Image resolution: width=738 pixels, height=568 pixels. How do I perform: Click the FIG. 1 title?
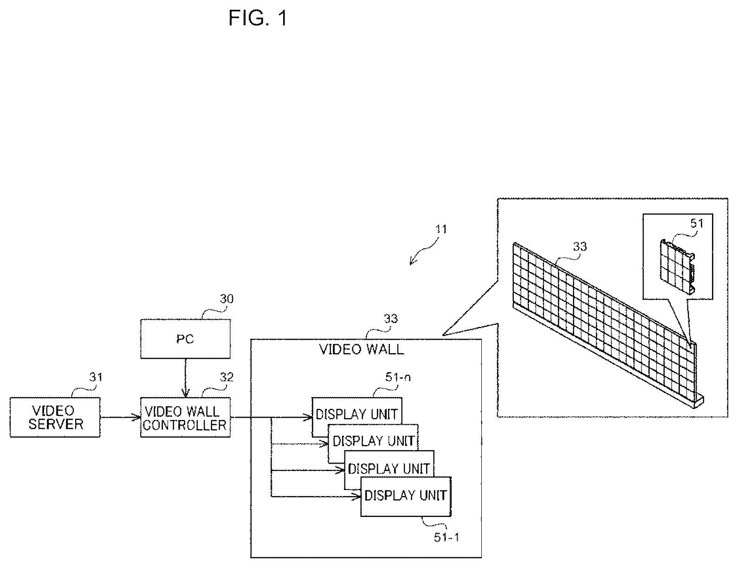pos(258,18)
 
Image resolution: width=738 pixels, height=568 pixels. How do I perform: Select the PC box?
pos(186,338)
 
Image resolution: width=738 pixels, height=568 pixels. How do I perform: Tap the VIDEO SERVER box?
pos(55,417)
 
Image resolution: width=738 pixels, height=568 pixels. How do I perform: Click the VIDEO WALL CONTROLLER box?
pos(186,417)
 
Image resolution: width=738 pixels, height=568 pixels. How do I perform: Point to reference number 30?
pos(227,299)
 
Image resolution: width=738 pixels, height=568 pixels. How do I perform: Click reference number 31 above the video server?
pos(96,377)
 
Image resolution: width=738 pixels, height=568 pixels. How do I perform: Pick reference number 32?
pos(227,377)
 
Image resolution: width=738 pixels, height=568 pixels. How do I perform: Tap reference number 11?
pos(441,229)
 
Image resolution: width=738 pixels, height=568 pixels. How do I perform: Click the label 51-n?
pos(398,377)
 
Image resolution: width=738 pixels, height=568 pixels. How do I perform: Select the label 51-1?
pos(446,537)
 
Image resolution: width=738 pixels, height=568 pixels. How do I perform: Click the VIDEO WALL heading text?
pos(362,349)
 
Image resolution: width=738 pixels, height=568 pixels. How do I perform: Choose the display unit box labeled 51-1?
pos(406,497)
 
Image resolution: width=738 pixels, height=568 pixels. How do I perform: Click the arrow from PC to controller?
pos(186,378)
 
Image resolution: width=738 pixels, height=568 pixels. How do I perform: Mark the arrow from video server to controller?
pos(121,417)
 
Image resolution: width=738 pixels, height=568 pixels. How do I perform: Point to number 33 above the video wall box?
pos(390,318)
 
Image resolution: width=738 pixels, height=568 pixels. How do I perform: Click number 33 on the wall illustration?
pos(580,246)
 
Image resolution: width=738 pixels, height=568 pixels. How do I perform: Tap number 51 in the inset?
pos(697,223)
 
